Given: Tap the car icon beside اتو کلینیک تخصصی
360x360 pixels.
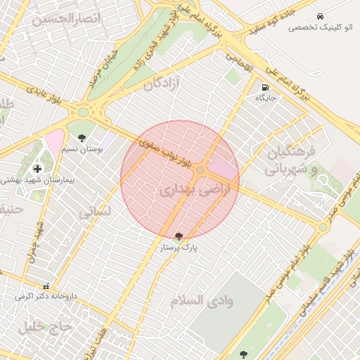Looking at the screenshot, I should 320,15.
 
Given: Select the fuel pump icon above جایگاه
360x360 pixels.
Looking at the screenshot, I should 264,88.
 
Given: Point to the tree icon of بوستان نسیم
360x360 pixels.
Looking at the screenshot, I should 82,138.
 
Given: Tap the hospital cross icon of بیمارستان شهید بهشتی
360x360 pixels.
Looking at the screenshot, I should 37,168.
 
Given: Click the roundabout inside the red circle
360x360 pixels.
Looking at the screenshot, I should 200,170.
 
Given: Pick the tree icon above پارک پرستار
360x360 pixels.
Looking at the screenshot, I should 178,236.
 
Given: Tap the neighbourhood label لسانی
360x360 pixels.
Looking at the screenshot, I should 94,211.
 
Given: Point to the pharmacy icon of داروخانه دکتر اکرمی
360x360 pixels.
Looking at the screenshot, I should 46,286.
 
